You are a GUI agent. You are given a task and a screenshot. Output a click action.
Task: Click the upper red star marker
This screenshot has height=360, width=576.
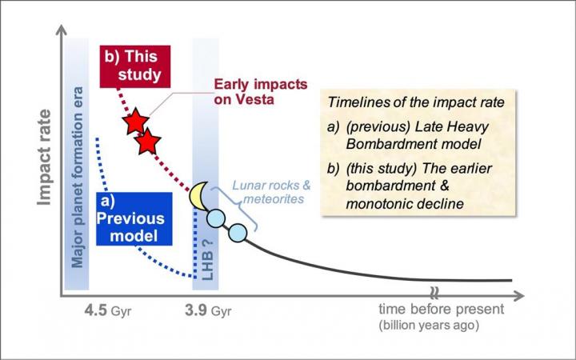135,122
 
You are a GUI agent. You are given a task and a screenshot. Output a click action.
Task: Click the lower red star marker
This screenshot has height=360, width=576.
147,142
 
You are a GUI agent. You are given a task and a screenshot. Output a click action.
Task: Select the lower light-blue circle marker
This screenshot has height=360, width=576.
238,234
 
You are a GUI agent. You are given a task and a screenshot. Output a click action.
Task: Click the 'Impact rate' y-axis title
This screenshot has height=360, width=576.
46,165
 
